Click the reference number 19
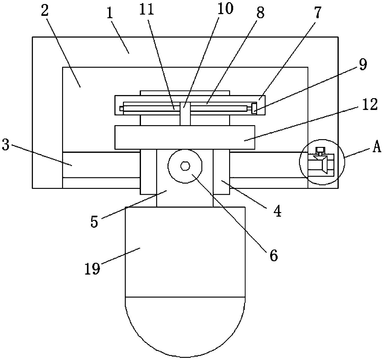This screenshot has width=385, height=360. point(93,268)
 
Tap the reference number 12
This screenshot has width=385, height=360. point(370,105)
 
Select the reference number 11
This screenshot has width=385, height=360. point(147,10)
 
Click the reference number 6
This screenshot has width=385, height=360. point(273,255)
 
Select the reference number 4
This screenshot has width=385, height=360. point(277,211)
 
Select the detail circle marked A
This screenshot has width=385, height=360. point(322,162)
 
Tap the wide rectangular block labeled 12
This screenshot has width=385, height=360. point(185,137)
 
